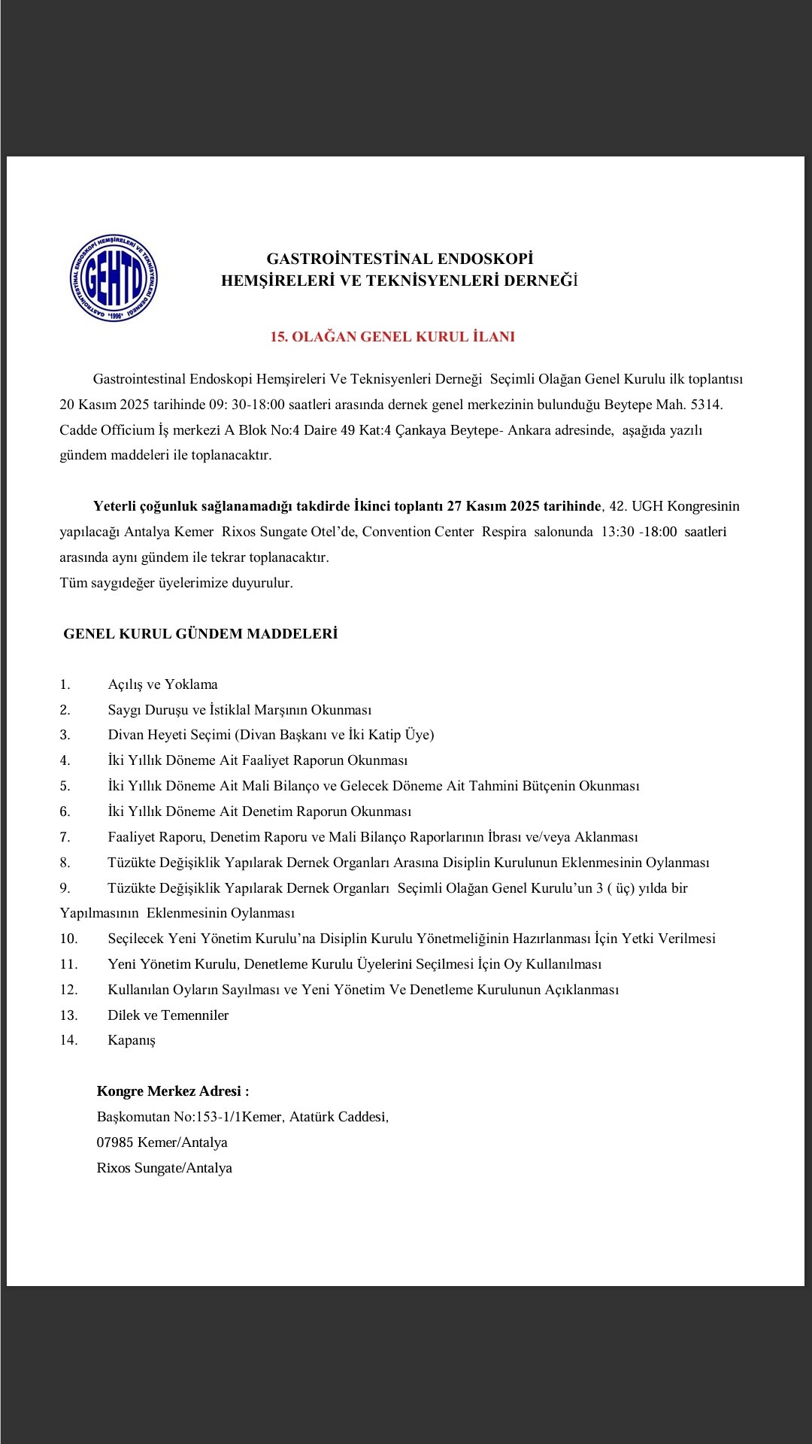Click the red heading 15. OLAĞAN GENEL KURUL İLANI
pyautogui.click(x=392, y=337)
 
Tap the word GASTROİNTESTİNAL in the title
pyautogui.click(x=350, y=259)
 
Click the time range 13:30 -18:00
pyautogui.click(x=638, y=532)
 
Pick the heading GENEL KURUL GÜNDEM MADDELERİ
pyautogui.click(x=201, y=634)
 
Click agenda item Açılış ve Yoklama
pyautogui.click(x=162, y=684)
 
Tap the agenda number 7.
pyautogui.click(x=65, y=837)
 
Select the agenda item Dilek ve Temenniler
pyautogui.click(x=168, y=1015)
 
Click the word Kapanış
pyautogui.click(x=132, y=1041)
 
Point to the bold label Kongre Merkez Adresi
pyautogui.click(x=172, y=1091)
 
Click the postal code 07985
pyautogui.click(x=115, y=1142)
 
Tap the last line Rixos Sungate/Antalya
pyautogui.click(x=164, y=1168)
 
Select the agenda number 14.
pyautogui.click(x=69, y=1041)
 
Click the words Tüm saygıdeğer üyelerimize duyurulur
pyautogui.click(x=176, y=583)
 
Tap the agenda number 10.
pyautogui.click(x=69, y=939)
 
